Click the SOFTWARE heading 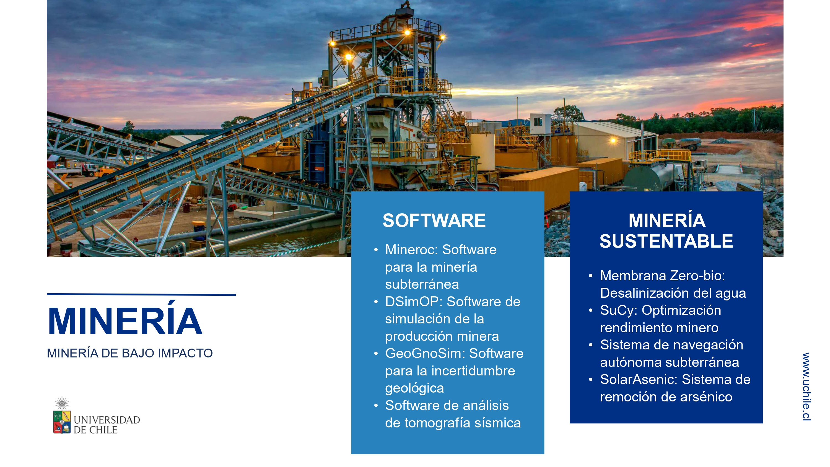434,220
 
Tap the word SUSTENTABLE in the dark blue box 666,241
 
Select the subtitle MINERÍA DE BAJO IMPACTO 129,353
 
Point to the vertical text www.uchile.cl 806,386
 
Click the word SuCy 619,311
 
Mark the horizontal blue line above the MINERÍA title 141,295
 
